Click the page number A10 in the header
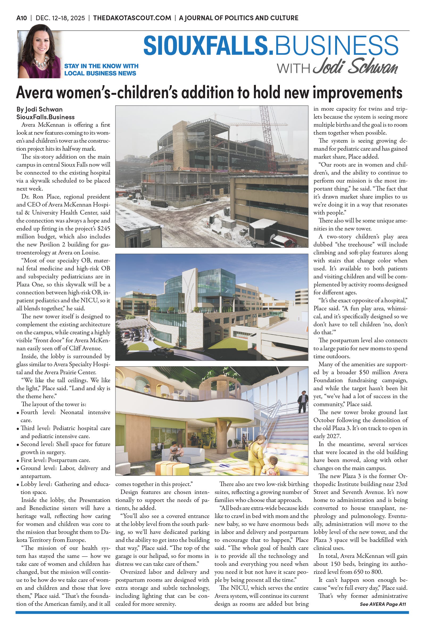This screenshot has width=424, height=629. coord(22,18)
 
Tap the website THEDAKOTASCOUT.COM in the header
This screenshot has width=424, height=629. coord(132,18)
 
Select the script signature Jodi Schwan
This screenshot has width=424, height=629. coord(355,66)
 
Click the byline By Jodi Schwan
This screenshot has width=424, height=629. coord(39,109)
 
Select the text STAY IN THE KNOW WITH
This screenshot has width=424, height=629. coord(101,66)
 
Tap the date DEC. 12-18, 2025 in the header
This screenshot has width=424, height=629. coord(60,18)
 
